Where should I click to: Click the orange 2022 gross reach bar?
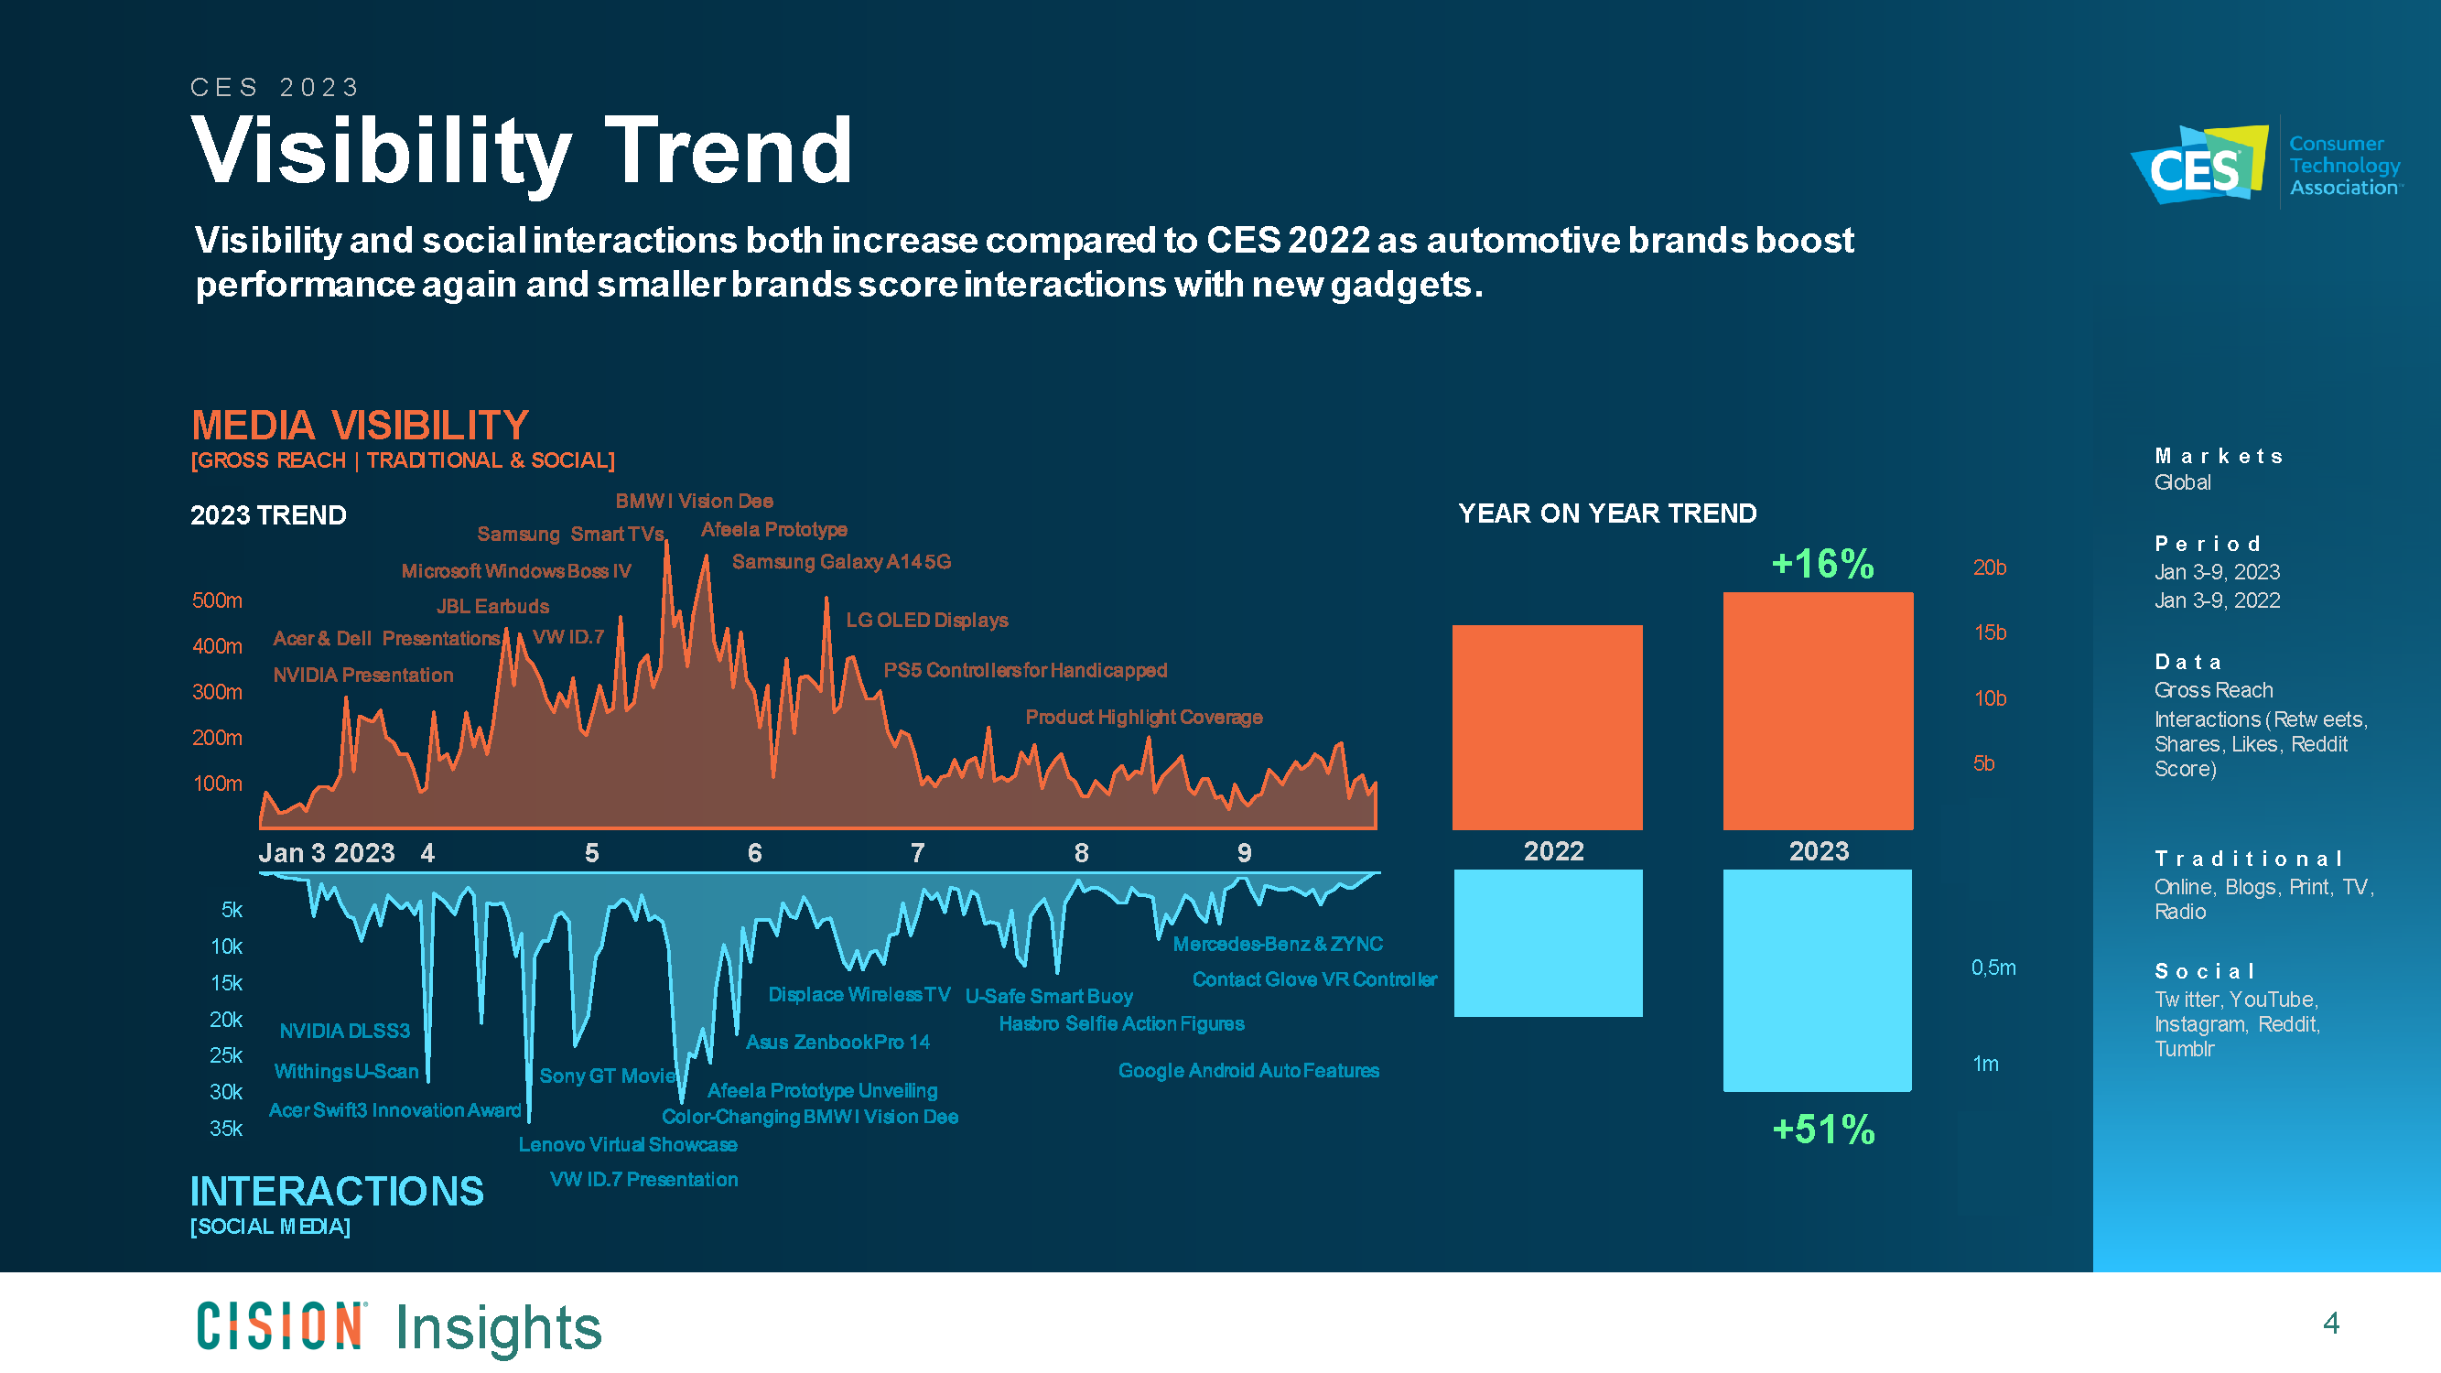(x=1547, y=727)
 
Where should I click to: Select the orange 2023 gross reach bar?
(x=1818, y=710)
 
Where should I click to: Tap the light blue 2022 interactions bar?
(x=1548, y=943)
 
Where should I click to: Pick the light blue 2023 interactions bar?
(x=1817, y=979)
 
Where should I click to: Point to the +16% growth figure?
(x=1822, y=564)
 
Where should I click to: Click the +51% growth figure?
(x=1823, y=1130)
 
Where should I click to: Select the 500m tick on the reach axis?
(x=217, y=600)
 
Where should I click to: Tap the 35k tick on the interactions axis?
(x=225, y=1129)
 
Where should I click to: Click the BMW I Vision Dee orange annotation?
(x=694, y=501)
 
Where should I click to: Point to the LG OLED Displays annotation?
(x=926, y=620)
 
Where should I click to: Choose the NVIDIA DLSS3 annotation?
(x=344, y=1031)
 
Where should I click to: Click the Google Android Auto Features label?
(x=1248, y=1071)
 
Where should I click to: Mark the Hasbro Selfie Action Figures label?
(x=1121, y=1023)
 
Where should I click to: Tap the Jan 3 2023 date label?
(x=326, y=853)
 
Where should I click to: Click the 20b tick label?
(x=1989, y=568)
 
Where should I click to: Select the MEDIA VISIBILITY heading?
(x=360, y=426)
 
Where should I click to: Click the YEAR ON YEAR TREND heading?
(x=1607, y=514)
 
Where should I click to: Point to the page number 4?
(x=2330, y=1323)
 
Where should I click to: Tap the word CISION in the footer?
(x=279, y=1325)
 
